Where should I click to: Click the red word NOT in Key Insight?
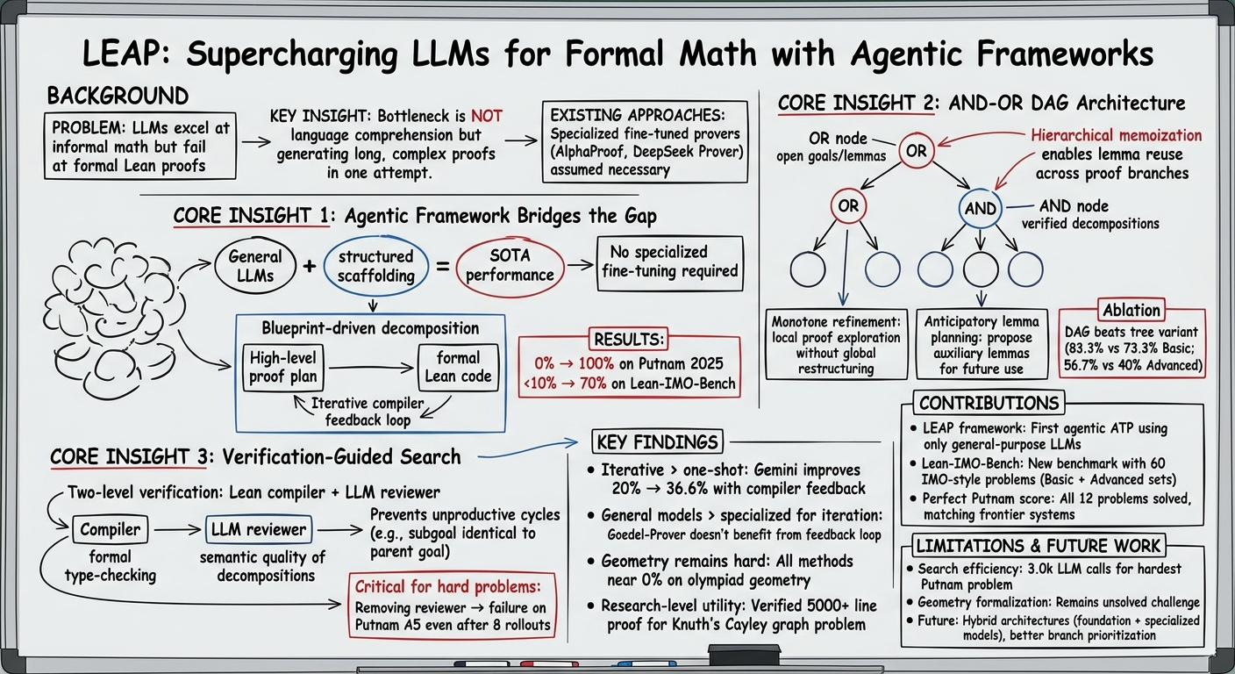coord(486,116)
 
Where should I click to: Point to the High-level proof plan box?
coord(283,368)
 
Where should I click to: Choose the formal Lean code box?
coord(458,368)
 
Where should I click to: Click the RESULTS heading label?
coord(629,340)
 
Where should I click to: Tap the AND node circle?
coord(981,208)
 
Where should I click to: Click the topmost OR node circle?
coord(917,151)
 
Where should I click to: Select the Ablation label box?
coord(1131,311)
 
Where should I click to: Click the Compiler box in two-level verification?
coord(111,529)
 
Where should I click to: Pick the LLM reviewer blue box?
coord(259,529)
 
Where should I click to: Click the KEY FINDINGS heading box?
coord(657,441)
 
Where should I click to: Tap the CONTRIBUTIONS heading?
coord(989,403)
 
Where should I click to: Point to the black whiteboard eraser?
coord(745,656)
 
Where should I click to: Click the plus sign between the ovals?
coord(310,266)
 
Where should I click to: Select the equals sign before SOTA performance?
coord(442,267)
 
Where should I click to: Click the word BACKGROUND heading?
coord(118,96)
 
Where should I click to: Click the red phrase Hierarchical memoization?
coord(1117,135)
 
